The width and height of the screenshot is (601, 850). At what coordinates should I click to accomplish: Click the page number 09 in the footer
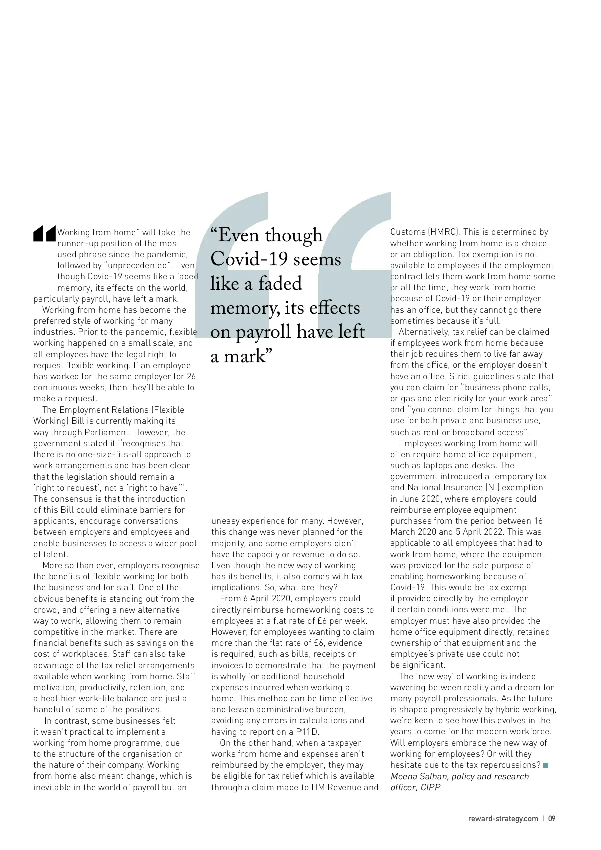point(552,819)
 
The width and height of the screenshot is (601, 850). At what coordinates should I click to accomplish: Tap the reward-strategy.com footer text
point(503,819)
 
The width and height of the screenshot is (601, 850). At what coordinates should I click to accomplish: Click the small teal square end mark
point(546,765)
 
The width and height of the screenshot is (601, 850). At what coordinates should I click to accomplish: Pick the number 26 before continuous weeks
point(191,376)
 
